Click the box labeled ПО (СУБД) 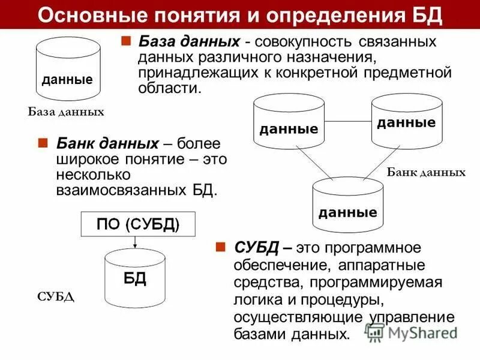click(138, 225)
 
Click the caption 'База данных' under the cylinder click(66, 112)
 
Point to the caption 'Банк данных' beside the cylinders click(426, 172)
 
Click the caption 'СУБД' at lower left click(56, 297)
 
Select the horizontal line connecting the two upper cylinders click(348, 122)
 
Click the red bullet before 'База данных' click(126, 42)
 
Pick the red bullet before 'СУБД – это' click(221, 247)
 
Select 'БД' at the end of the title click(428, 14)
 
